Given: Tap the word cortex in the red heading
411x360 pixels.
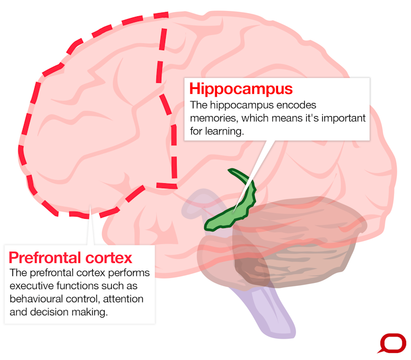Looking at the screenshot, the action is [x=108, y=258].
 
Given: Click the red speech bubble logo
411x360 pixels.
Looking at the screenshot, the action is [x=392, y=343].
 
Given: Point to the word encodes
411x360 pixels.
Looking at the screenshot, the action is [x=296, y=105].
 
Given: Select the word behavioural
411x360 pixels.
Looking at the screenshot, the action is [x=36, y=299].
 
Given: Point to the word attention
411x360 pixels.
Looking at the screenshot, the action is [x=123, y=299].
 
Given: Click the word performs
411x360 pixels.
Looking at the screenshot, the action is [x=129, y=273].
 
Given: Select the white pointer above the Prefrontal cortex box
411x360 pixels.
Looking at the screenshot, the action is [x=90, y=226].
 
